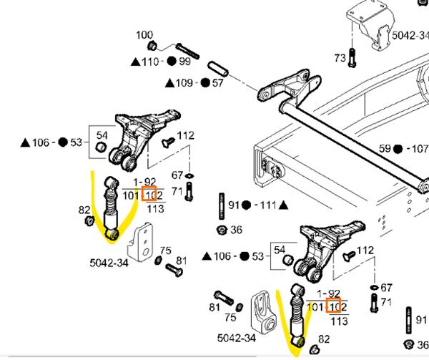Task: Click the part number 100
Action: point(144,34)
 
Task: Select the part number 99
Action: point(185,62)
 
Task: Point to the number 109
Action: point(184,83)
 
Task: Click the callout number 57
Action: point(217,83)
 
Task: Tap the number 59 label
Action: point(386,149)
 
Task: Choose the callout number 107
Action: point(417,149)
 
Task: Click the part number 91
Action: point(233,205)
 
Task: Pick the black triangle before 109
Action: point(169,83)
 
